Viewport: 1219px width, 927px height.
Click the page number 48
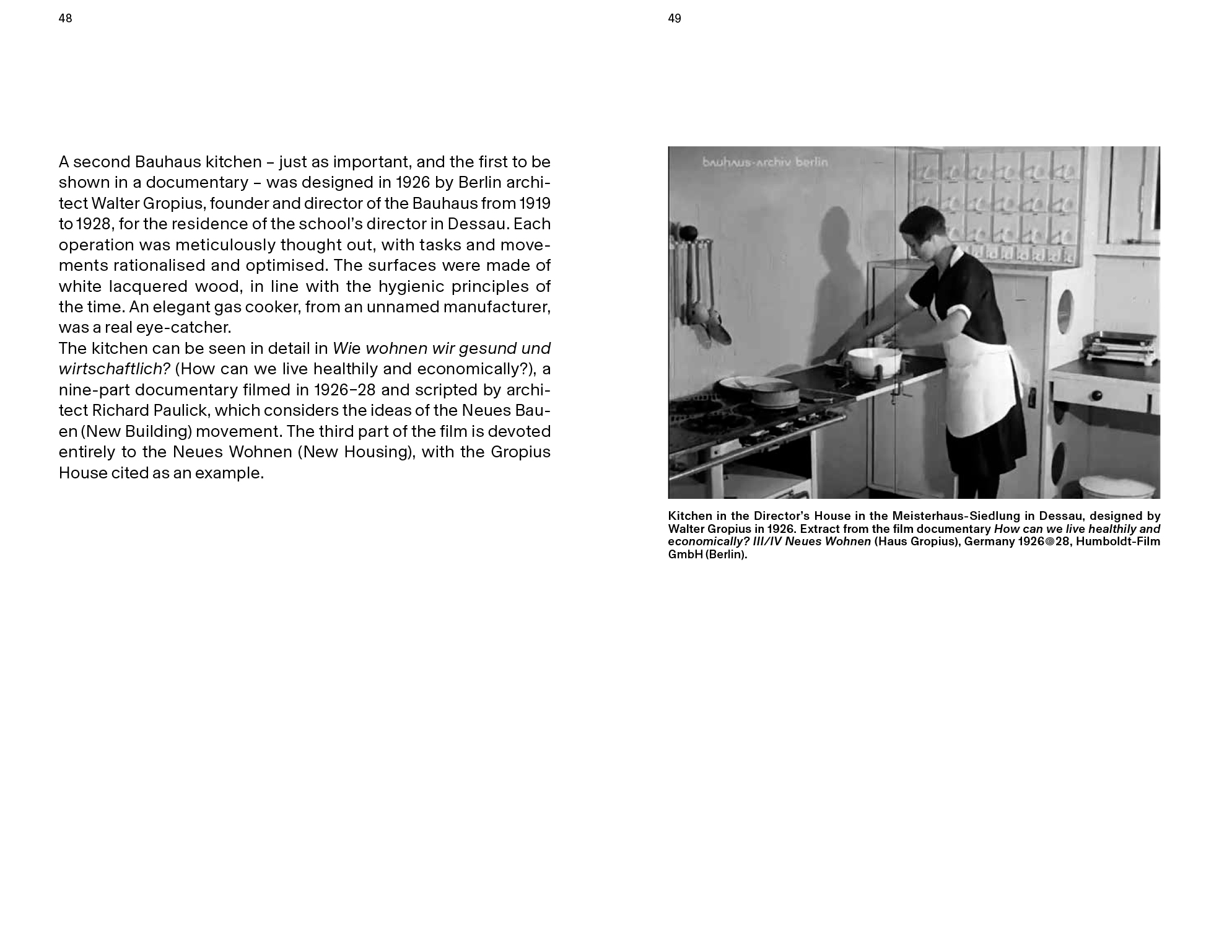(65, 19)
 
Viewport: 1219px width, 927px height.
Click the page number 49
(675, 19)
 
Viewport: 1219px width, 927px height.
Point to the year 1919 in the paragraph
(535, 203)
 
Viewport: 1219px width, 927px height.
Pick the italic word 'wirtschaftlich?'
(114, 369)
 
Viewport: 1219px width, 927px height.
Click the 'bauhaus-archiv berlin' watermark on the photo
(764, 162)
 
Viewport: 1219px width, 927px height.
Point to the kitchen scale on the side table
(1120, 347)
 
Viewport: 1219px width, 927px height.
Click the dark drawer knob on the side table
(1097, 395)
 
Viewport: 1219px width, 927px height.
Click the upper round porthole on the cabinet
(1065, 309)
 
